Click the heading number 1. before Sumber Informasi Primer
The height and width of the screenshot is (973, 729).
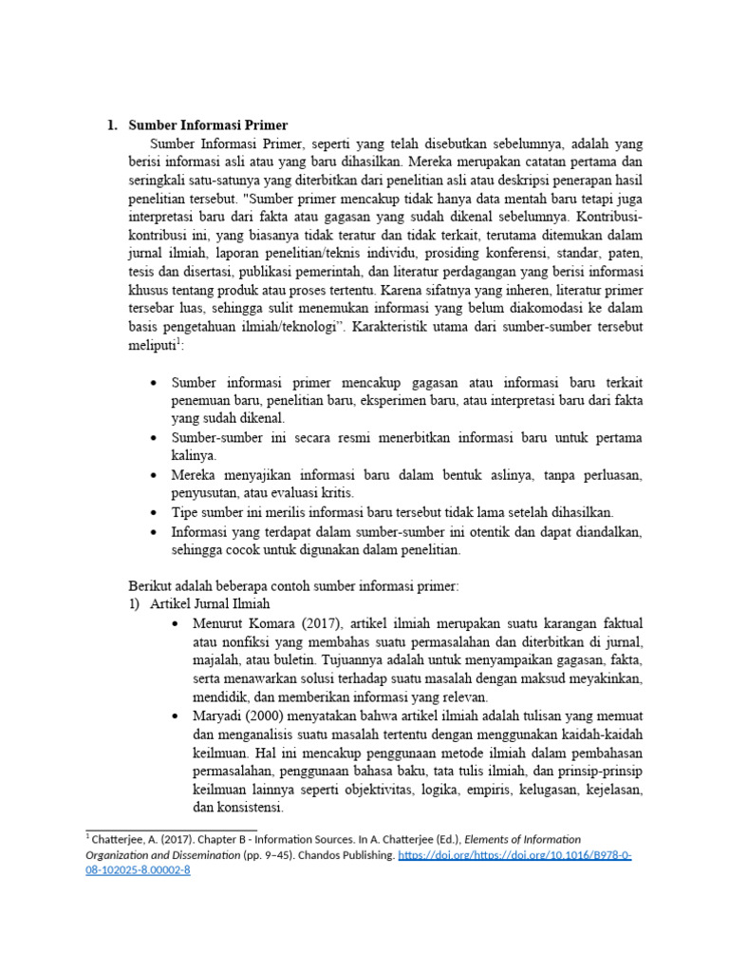coord(110,125)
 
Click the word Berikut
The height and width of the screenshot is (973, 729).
coord(149,586)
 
